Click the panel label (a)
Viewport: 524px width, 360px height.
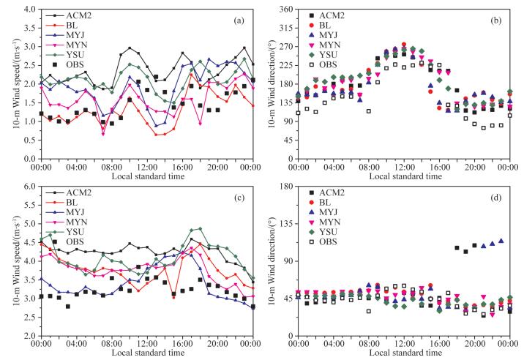coord(238,20)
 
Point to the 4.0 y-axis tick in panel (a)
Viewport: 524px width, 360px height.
coord(30,10)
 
